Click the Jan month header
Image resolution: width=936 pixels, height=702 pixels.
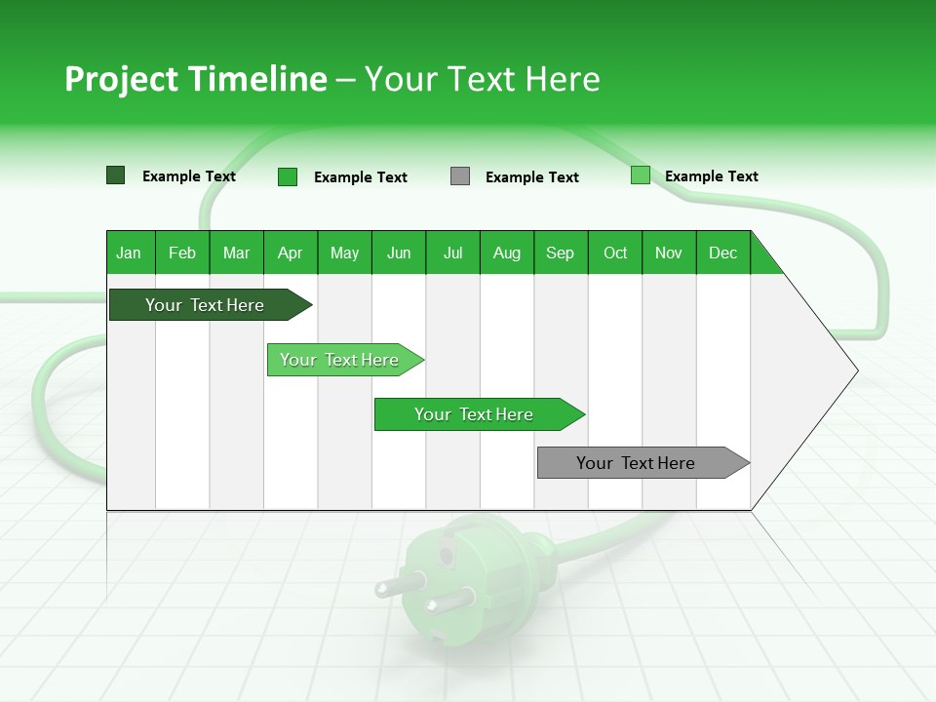[x=129, y=253]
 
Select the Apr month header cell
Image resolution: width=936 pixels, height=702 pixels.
[x=290, y=253]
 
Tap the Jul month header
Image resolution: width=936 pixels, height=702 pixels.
[x=452, y=253]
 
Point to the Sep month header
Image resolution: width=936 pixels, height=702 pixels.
[x=560, y=253]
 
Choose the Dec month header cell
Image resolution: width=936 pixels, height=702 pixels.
[x=722, y=253]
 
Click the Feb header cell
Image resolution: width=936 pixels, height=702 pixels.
[x=182, y=253]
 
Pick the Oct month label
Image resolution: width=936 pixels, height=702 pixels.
[x=615, y=253]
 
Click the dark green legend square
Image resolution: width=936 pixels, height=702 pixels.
[x=116, y=175]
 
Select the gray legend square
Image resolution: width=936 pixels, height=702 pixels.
[x=460, y=176]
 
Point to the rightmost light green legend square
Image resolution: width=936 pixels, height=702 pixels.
[x=641, y=175]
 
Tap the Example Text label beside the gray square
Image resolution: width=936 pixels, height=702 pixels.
[x=531, y=177]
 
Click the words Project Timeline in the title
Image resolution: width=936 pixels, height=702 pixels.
[x=196, y=79]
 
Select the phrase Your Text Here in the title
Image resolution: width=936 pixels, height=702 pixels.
[x=482, y=79]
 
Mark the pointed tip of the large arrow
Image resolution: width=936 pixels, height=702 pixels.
[x=856, y=370]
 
